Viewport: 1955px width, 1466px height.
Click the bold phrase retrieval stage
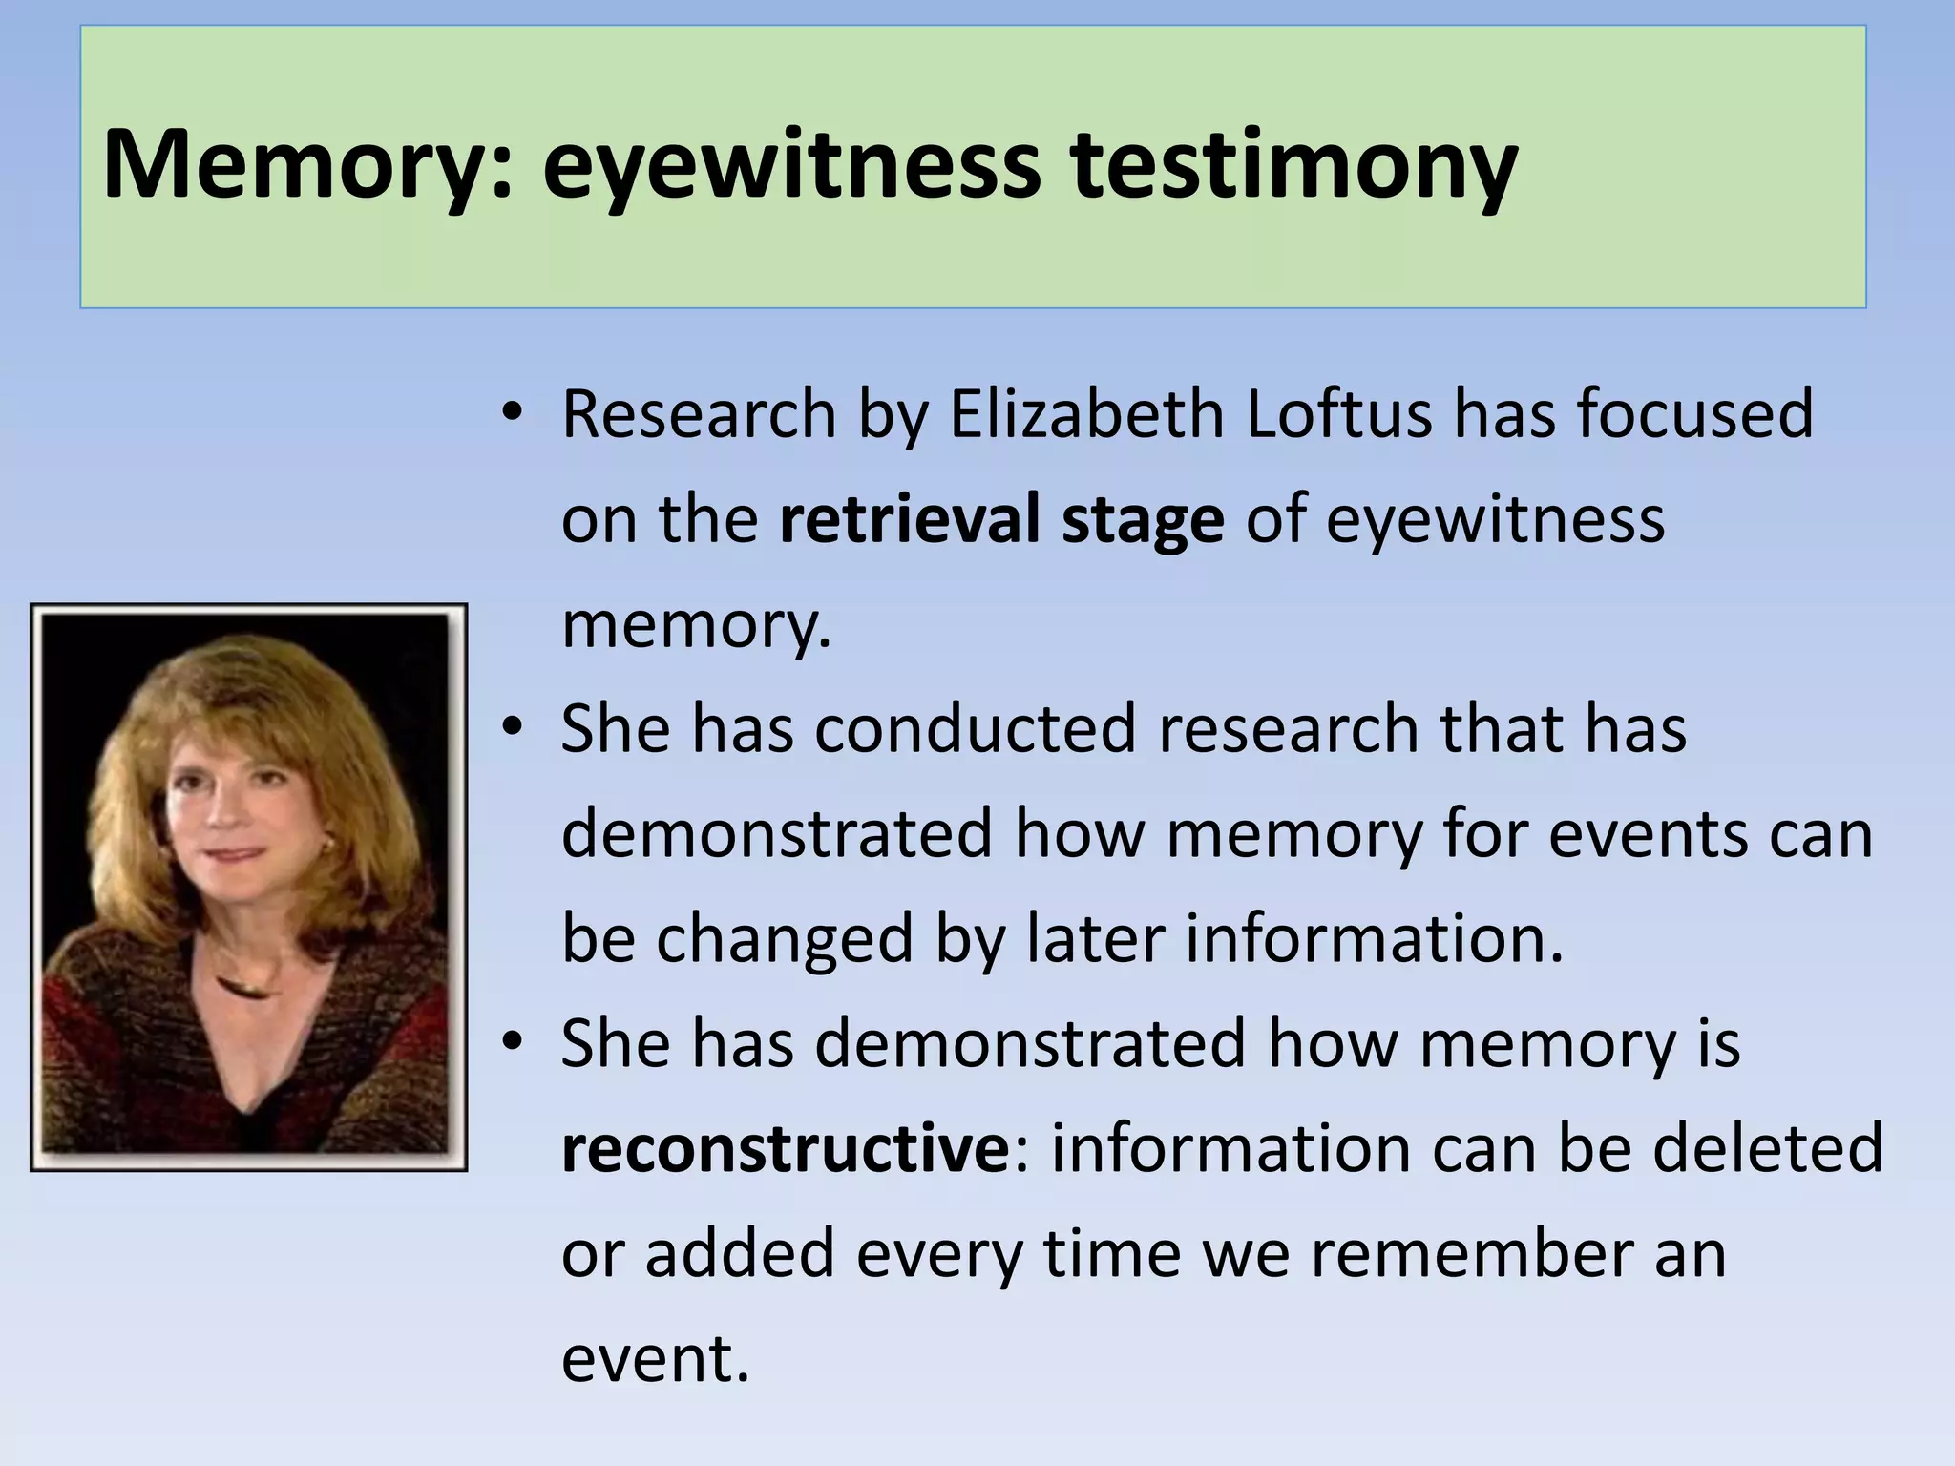click(x=1001, y=519)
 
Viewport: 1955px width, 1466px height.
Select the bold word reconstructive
click(x=780, y=1149)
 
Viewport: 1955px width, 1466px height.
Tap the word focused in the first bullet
click(x=1694, y=414)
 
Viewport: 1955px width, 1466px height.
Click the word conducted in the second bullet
click(x=975, y=729)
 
